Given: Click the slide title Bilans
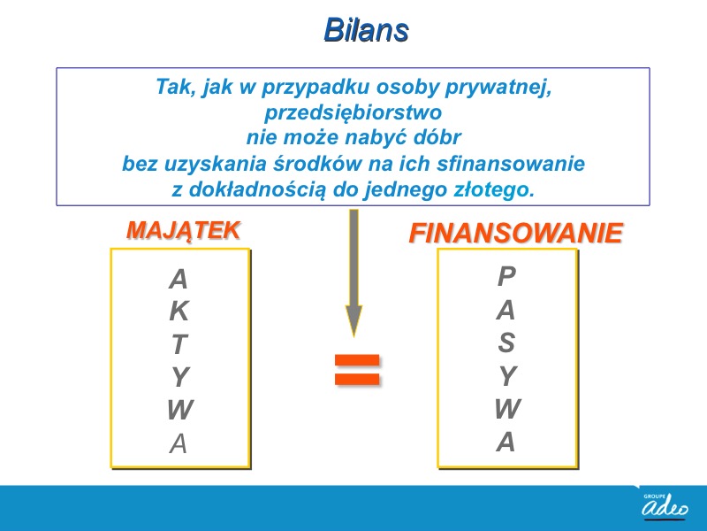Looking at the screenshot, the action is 366,30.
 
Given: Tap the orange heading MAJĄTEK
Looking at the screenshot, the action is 183,230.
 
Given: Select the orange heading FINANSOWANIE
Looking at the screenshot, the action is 516,234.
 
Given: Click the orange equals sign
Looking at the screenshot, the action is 357,370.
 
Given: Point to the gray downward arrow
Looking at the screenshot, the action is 354,273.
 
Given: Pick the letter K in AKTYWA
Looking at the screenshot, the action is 179,311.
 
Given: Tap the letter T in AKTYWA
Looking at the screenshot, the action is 179,344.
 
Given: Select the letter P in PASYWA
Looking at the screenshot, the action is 506,276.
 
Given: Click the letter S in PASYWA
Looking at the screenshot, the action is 506,342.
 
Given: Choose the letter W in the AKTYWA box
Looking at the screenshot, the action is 180,410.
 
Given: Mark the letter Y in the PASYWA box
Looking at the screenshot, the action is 508,375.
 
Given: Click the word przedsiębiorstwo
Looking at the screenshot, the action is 353,112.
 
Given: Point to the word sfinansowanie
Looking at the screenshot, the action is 511,164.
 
